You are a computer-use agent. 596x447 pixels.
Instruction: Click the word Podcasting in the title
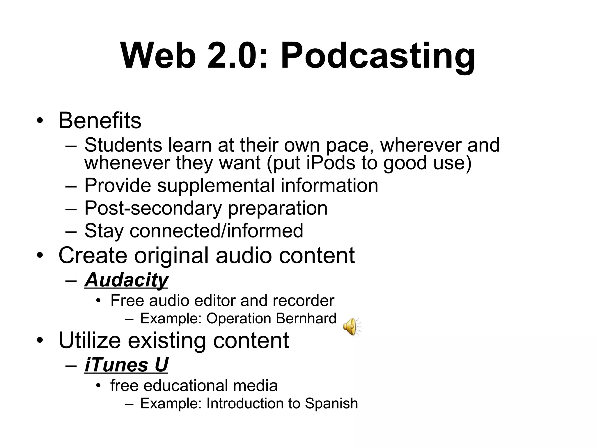[x=377, y=56]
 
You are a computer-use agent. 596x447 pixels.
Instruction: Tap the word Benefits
[x=100, y=120]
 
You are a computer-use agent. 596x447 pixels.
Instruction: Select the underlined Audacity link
[x=126, y=280]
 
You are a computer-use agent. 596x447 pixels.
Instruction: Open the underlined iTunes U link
[x=126, y=365]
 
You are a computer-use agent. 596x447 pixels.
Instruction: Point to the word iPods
[x=331, y=163]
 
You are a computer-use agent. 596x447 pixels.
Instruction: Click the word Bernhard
[x=306, y=318]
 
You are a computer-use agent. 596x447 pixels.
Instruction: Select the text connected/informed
[x=216, y=231]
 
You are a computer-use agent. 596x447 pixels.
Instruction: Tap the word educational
[x=185, y=386]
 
